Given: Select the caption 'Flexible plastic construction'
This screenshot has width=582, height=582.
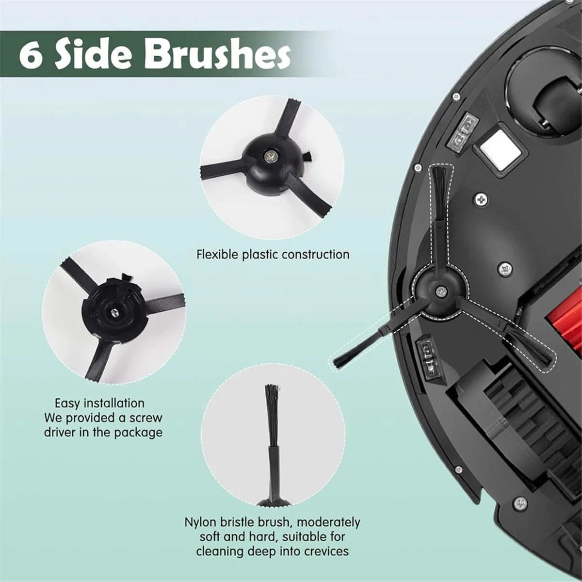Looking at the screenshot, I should click(273, 254).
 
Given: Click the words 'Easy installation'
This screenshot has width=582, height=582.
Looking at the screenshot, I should click(99, 403).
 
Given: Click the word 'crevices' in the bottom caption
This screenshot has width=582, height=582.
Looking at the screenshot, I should click(326, 551).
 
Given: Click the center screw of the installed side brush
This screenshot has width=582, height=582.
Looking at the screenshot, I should click(439, 291).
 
